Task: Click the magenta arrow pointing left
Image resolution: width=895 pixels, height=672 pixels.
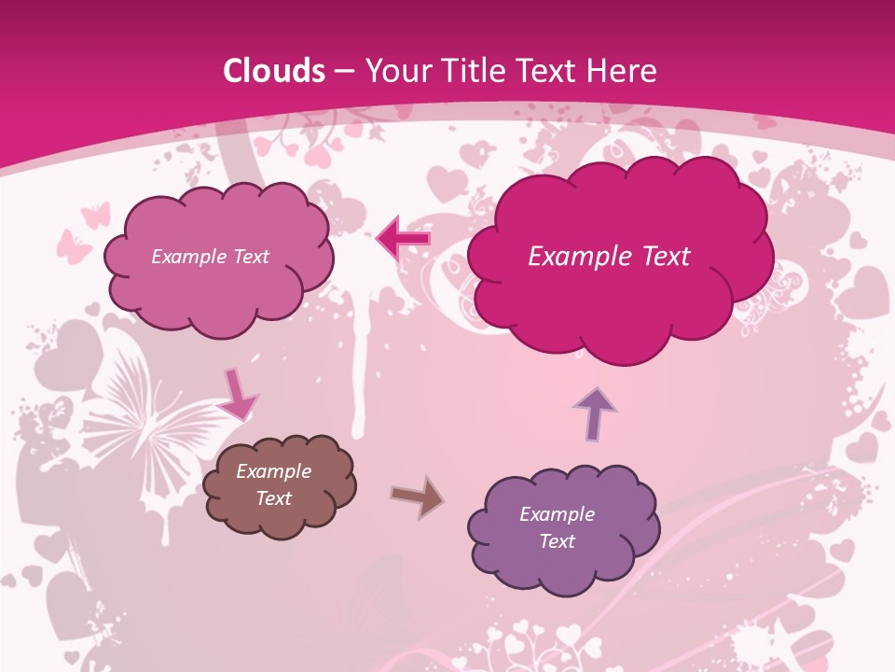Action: point(404,240)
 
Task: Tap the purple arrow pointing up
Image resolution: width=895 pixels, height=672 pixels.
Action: point(595,413)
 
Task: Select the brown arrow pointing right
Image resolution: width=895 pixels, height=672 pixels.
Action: point(417,497)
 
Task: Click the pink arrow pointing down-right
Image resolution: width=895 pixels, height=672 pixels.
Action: point(238,394)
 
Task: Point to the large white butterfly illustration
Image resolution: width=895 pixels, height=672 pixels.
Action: point(154,429)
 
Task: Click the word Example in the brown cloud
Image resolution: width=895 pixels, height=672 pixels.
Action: point(273,471)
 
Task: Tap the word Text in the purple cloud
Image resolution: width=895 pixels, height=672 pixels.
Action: point(557,541)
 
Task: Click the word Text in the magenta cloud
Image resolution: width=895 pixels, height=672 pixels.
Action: point(657,257)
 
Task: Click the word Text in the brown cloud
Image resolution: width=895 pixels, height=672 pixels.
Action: point(273,498)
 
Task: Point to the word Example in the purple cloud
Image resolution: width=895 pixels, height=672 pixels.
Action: point(557,514)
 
